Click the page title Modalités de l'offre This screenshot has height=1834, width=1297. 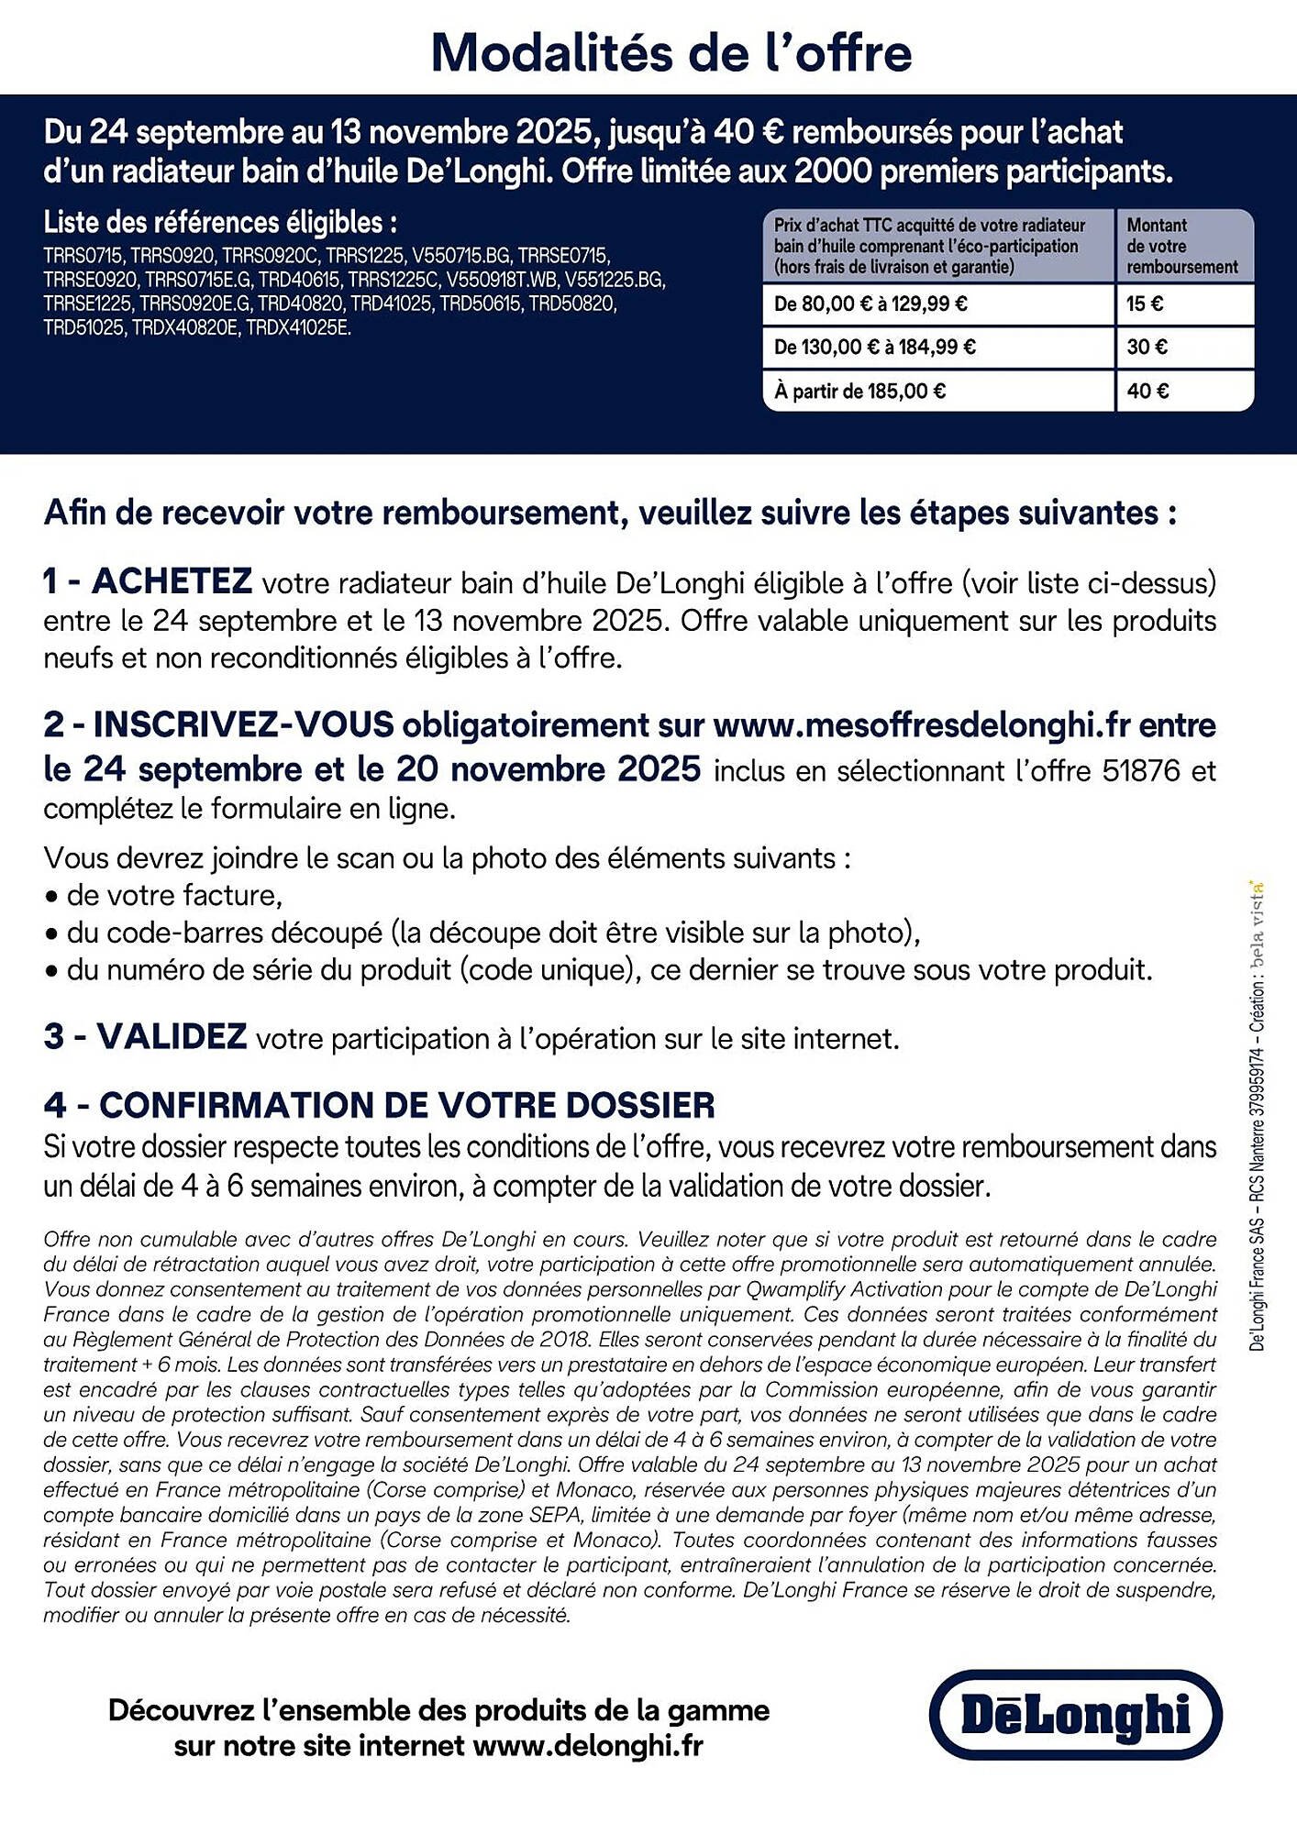[x=671, y=53]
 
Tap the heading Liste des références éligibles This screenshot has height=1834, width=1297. [x=220, y=222]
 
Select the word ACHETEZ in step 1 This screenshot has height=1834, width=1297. [x=172, y=580]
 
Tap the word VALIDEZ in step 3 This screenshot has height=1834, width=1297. [x=172, y=1036]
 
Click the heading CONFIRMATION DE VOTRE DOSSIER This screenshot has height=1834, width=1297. [x=406, y=1104]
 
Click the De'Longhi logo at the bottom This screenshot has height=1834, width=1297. [x=1075, y=1714]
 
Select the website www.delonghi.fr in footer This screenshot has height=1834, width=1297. [x=587, y=1745]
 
